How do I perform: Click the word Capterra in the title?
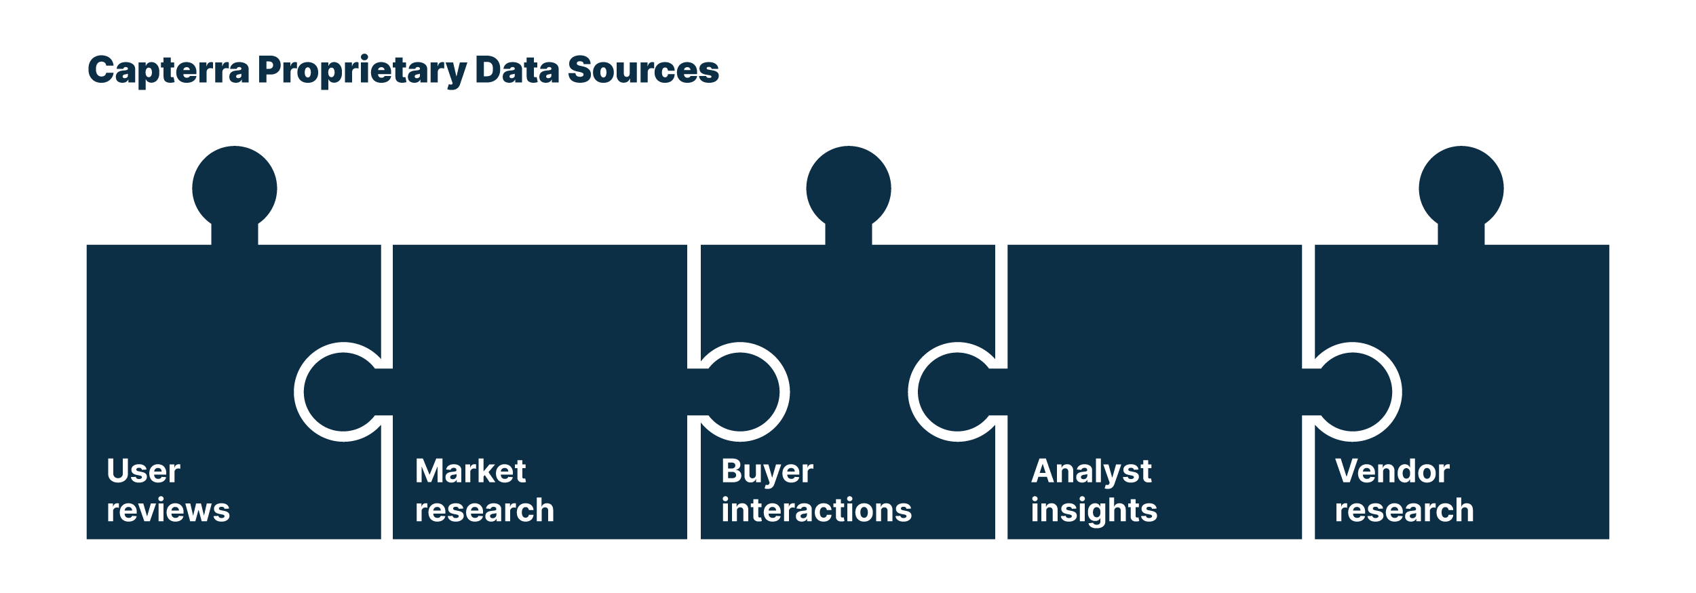(168, 71)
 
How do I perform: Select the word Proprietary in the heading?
(362, 71)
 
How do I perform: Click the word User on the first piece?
(143, 471)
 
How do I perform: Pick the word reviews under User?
(168, 510)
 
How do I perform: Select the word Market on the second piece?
(470, 471)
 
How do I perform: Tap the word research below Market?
(484, 510)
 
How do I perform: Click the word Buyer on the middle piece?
(767, 471)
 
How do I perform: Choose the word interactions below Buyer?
(816, 510)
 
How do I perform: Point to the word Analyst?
(1091, 471)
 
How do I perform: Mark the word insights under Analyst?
(1094, 510)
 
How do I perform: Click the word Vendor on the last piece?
(1392, 471)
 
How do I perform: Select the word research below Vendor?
(1404, 510)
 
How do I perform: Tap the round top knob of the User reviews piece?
(235, 189)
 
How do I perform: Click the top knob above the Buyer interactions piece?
(848, 189)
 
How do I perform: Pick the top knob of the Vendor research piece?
(1461, 189)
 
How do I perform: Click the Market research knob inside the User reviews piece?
(343, 392)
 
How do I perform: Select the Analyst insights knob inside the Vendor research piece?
(1353, 392)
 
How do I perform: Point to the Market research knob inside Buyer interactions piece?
(740, 392)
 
